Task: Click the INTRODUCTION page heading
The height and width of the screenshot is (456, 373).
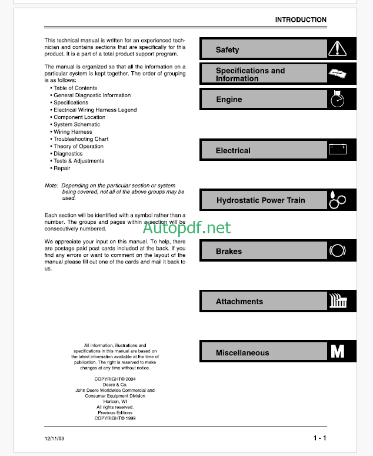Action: pos(301,19)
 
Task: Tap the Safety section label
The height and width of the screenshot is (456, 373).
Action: pos(227,50)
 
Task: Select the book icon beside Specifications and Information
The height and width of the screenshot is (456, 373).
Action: pos(337,74)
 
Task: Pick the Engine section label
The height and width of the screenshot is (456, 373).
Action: pos(229,100)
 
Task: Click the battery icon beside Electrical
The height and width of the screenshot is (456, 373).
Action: pos(337,149)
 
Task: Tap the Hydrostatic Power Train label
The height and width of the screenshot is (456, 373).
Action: pos(261,200)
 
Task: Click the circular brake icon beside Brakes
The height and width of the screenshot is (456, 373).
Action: pos(337,250)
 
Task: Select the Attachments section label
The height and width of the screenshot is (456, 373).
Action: pos(239,301)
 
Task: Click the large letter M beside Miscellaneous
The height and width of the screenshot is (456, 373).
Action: pos(338,352)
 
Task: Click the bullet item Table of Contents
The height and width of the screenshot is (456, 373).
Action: pos(75,88)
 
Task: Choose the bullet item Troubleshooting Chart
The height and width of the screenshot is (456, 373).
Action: pos(81,139)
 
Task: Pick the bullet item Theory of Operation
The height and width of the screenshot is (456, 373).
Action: pos(78,146)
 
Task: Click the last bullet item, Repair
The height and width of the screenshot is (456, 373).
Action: pos(62,168)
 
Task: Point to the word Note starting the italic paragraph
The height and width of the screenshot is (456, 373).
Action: pos(51,186)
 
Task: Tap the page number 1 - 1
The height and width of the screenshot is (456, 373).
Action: pos(319,438)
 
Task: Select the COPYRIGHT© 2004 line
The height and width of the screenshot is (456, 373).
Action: pos(115,379)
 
